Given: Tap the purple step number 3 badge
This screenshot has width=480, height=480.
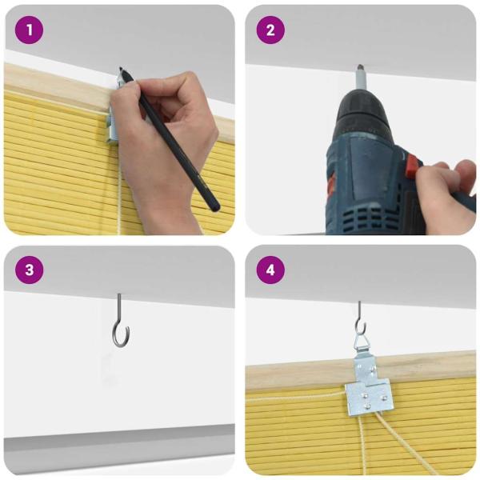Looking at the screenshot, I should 29,270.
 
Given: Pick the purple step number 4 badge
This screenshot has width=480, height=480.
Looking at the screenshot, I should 270,270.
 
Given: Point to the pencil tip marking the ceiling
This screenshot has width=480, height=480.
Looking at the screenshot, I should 121,70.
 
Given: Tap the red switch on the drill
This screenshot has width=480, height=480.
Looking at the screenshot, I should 413,168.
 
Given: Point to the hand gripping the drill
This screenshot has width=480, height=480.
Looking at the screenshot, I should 444,188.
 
